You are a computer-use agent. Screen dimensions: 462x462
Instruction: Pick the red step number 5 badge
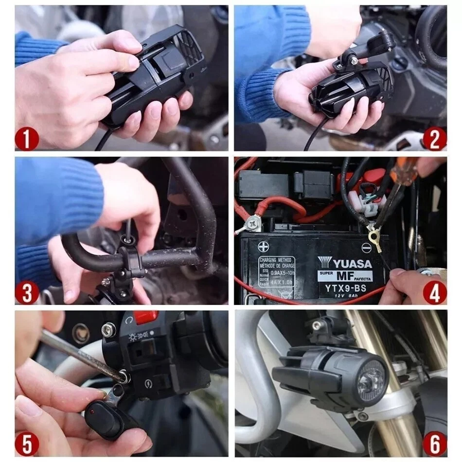click(x=27, y=444)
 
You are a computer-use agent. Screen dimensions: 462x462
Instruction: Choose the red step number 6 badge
click(x=434, y=444)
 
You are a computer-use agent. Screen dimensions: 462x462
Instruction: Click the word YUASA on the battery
click(x=348, y=264)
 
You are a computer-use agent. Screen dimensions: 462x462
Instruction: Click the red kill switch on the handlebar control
click(x=145, y=317)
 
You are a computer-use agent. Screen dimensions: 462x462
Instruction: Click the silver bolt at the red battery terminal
click(x=252, y=223)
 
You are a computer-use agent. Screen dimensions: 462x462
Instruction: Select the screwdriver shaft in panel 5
click(x=78, y=354)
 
